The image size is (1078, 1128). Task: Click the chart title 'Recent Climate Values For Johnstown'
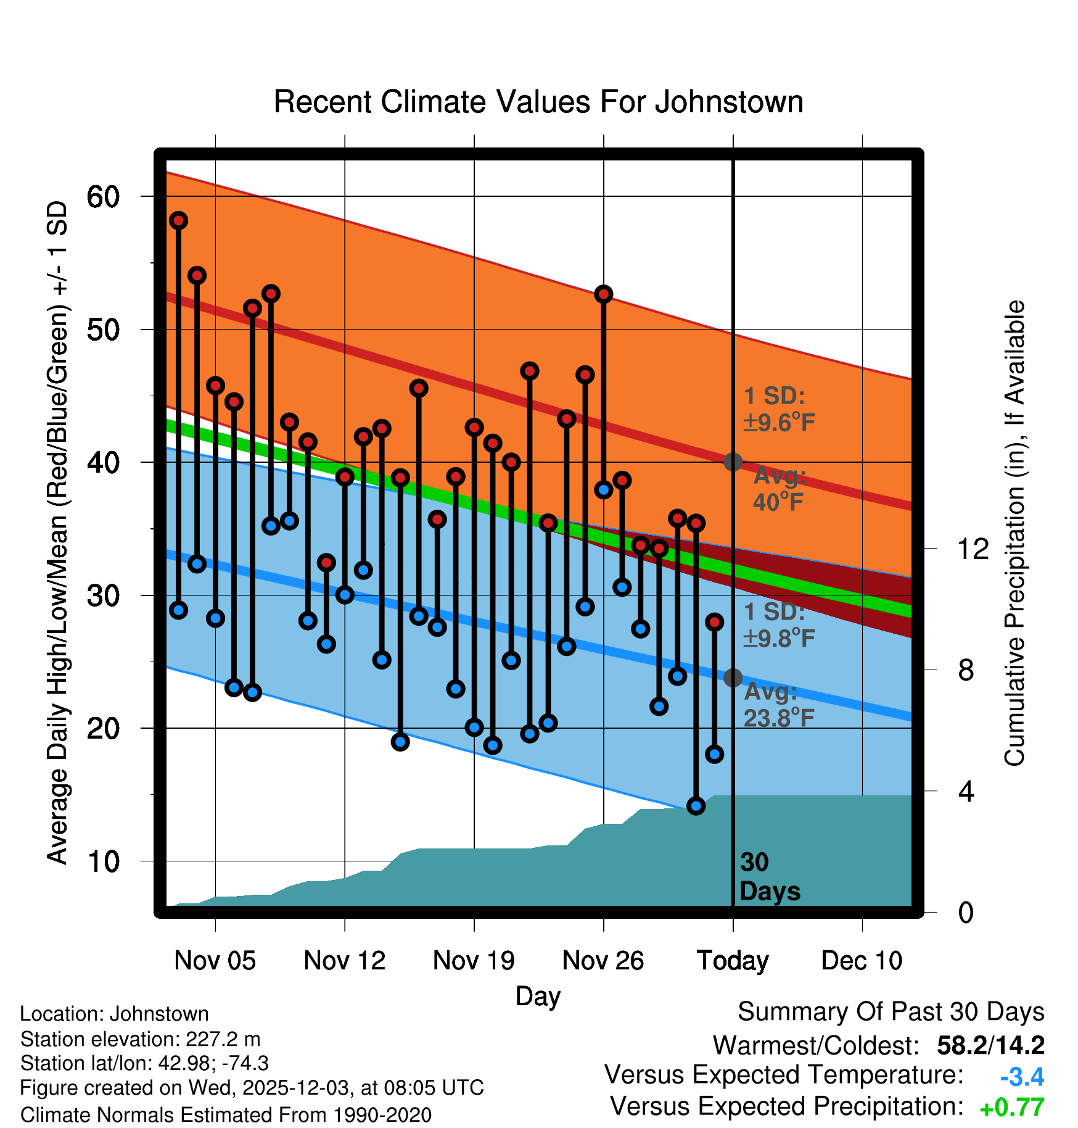538,102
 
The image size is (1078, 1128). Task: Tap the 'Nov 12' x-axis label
344,961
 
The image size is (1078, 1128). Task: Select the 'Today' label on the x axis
733,961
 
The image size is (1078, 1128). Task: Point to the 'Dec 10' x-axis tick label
862,961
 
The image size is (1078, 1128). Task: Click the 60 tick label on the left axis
103,197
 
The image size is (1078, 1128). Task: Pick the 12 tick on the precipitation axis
973,549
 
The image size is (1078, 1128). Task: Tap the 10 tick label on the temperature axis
103,861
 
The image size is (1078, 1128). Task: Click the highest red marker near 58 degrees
179,220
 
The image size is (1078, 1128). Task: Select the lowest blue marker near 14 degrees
696,806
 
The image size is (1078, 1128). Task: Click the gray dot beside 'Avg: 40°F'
733,462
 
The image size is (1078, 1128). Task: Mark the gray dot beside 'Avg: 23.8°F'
733,678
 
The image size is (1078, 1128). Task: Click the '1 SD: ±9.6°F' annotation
779,409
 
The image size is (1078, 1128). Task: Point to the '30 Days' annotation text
769,877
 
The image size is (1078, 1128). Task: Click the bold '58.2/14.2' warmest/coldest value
990,1045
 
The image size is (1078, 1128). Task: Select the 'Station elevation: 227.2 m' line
141,1039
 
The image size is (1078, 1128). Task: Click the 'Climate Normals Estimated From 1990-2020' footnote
226,1115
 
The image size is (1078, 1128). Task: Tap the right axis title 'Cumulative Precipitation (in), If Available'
1014,534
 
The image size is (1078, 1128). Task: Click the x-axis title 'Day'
538,996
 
